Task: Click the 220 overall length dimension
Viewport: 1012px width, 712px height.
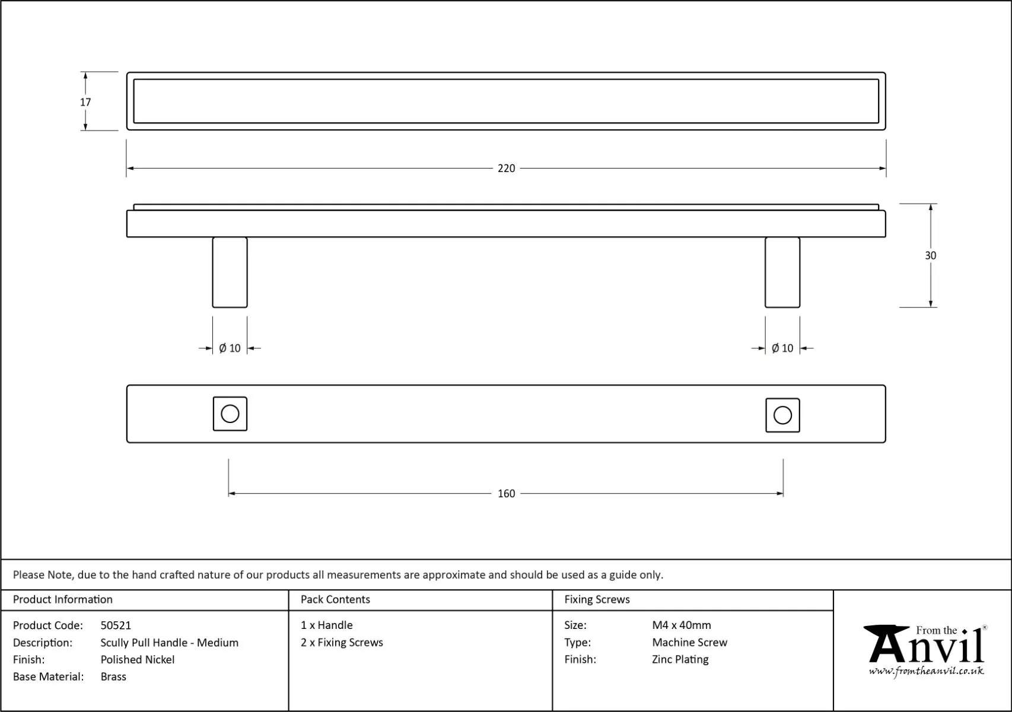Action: tap(506, 169)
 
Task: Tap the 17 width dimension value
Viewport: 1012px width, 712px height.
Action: tap(85, 102)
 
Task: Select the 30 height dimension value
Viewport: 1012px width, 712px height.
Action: tap(930, 256)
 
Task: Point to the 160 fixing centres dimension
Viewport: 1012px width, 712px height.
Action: tap(506, 494)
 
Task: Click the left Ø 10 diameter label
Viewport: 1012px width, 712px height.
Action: tap(230, 348)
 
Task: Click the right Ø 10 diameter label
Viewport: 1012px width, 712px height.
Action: tap(782, 348)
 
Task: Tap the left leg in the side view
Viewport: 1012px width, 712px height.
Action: tap(230, 272)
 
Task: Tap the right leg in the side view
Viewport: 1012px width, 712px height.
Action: tap(782, 272)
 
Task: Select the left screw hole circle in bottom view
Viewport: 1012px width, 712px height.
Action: tap(230, 414)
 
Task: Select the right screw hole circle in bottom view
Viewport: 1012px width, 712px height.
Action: tap(782, 415)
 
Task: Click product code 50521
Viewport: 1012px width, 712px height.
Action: tap(116, 625)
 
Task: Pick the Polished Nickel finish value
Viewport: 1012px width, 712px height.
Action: tap(138, 660)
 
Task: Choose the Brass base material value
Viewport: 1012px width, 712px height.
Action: tap(113, 677)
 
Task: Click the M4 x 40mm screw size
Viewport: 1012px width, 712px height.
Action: tap(682, 625)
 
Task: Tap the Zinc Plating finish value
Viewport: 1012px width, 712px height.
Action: tap(680, 660)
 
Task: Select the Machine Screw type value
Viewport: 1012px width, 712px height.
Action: tap(689, 643)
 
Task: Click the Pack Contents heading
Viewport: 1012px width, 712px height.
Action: tap(335, 600)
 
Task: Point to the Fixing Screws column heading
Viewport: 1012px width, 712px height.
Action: tap(597, 600)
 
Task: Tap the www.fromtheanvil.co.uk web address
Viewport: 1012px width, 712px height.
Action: tap(926, 671)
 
